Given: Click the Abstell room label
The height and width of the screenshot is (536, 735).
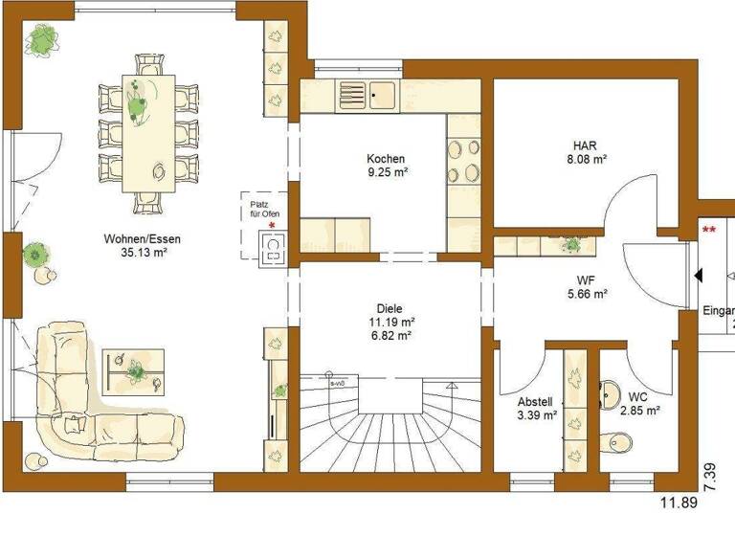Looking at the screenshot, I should pos(536,402).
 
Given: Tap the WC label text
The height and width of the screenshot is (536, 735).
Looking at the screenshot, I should pos(638,396).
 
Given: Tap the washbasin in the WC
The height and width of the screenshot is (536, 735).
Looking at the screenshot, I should pos(610,390).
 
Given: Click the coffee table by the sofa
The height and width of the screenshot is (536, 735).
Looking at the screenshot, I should pos(133,370).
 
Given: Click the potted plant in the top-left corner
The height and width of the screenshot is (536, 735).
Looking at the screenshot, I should pos(41,39).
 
